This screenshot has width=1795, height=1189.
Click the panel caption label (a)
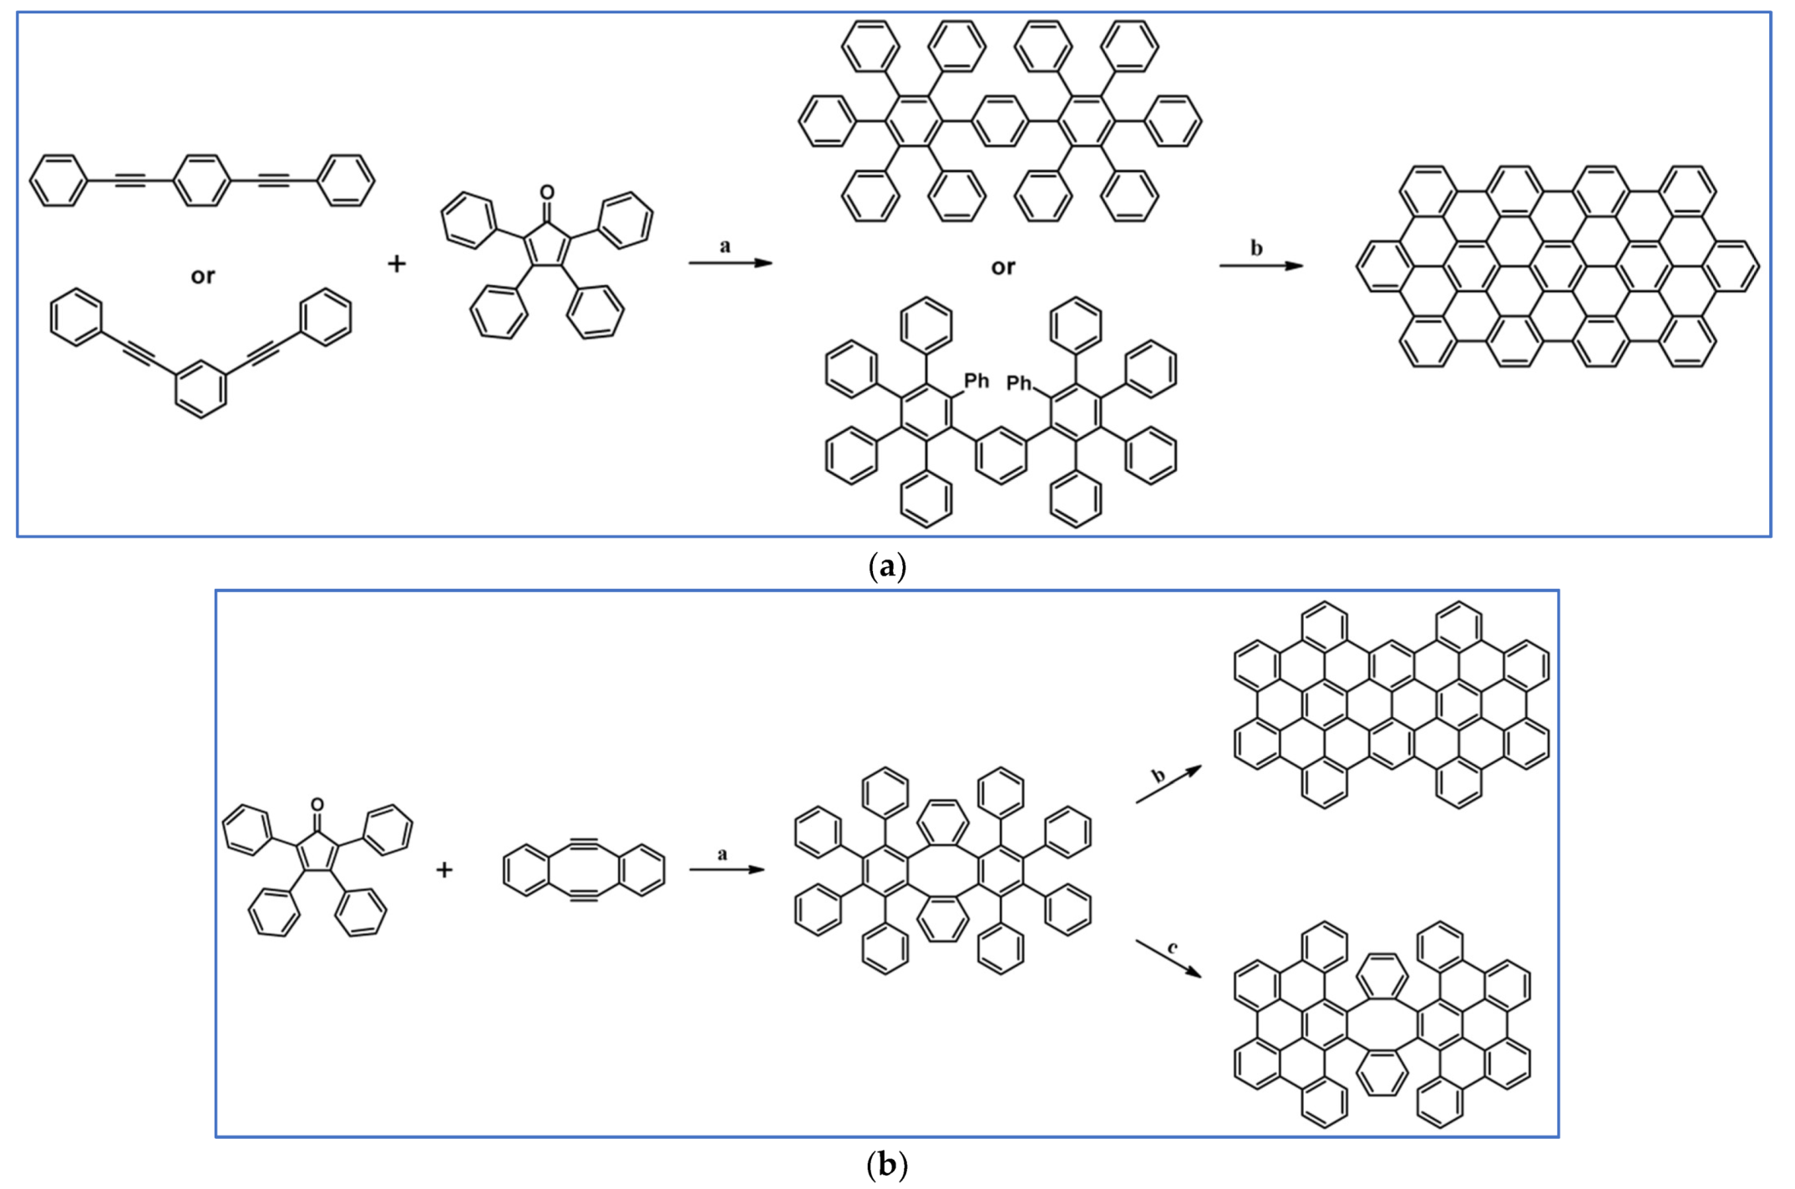[x=887, y=567]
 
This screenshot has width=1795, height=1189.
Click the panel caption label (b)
[x=887, y=1164]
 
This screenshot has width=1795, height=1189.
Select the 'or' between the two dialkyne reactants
[x=203, y=276]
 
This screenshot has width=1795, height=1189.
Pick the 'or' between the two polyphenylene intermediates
[x=1003, y=267]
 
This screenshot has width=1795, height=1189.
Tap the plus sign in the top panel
[x=397, y=264]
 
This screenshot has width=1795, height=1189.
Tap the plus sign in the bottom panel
[x=444, y=870]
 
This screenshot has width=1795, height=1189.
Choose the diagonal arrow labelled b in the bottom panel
[x=1169, y=784]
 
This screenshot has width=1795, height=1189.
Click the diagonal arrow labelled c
[x=1169, y=959]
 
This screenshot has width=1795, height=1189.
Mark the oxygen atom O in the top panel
[x=547, y=193]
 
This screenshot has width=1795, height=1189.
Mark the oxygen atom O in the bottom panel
[x=317, y=805]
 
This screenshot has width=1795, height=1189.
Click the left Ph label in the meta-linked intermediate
[x=976, y=382]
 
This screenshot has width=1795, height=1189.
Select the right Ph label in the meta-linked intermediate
[x=1019, y=383]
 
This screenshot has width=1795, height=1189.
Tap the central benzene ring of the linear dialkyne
[x=200, y=180]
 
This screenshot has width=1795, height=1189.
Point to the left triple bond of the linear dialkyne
[x=129, y=180]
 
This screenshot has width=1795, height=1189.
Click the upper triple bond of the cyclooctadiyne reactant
[x=584, y=844]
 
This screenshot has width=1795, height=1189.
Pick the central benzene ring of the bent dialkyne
[x=200, y=388]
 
